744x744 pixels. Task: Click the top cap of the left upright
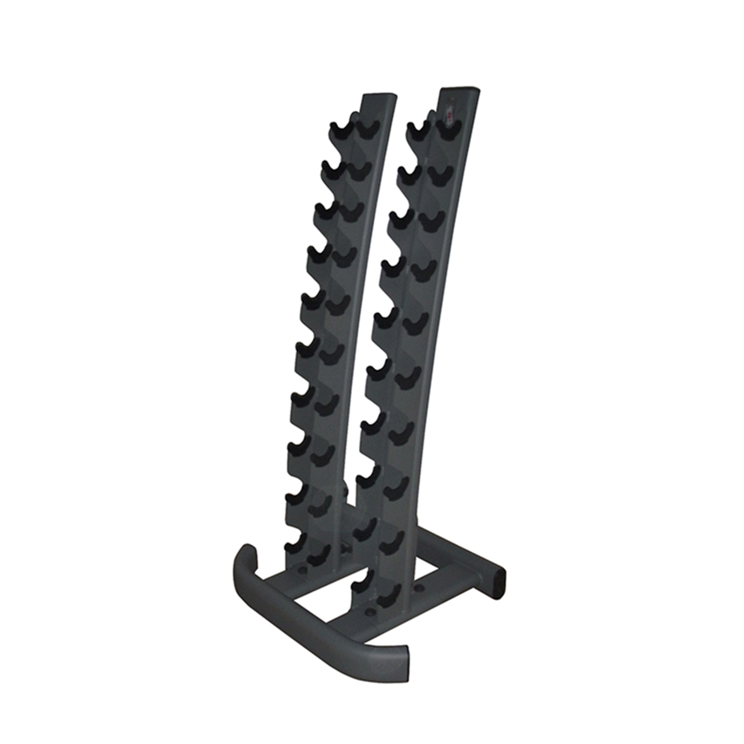click(379, 96)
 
